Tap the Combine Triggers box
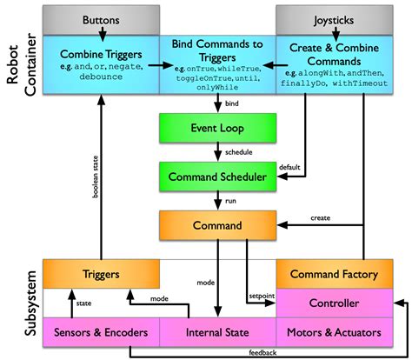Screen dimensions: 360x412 (x=101, y=59)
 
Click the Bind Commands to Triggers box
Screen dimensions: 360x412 (x=216, y=59)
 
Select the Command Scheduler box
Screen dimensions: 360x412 (x=216, y=177)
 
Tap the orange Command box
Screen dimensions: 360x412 (x=216, y=226)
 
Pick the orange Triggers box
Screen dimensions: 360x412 (x=101, y=274)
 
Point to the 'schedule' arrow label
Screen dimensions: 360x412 (x=239, y=151)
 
